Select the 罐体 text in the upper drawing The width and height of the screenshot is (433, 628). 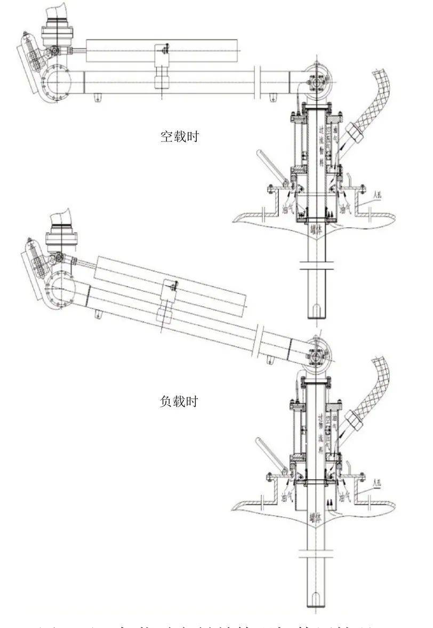[x=316, y=230]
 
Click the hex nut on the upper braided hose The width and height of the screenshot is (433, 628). [x=354, y=131]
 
